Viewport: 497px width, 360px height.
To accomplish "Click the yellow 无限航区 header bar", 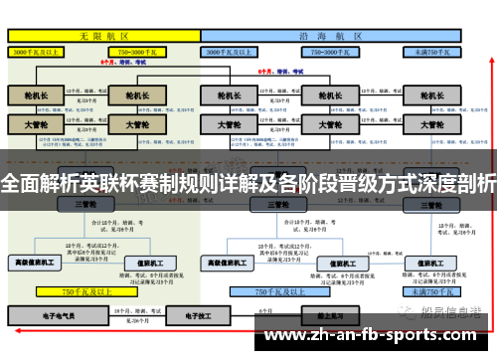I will (x=103, y=34).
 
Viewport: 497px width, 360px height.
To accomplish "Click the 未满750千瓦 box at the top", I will (x=435, y=51).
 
